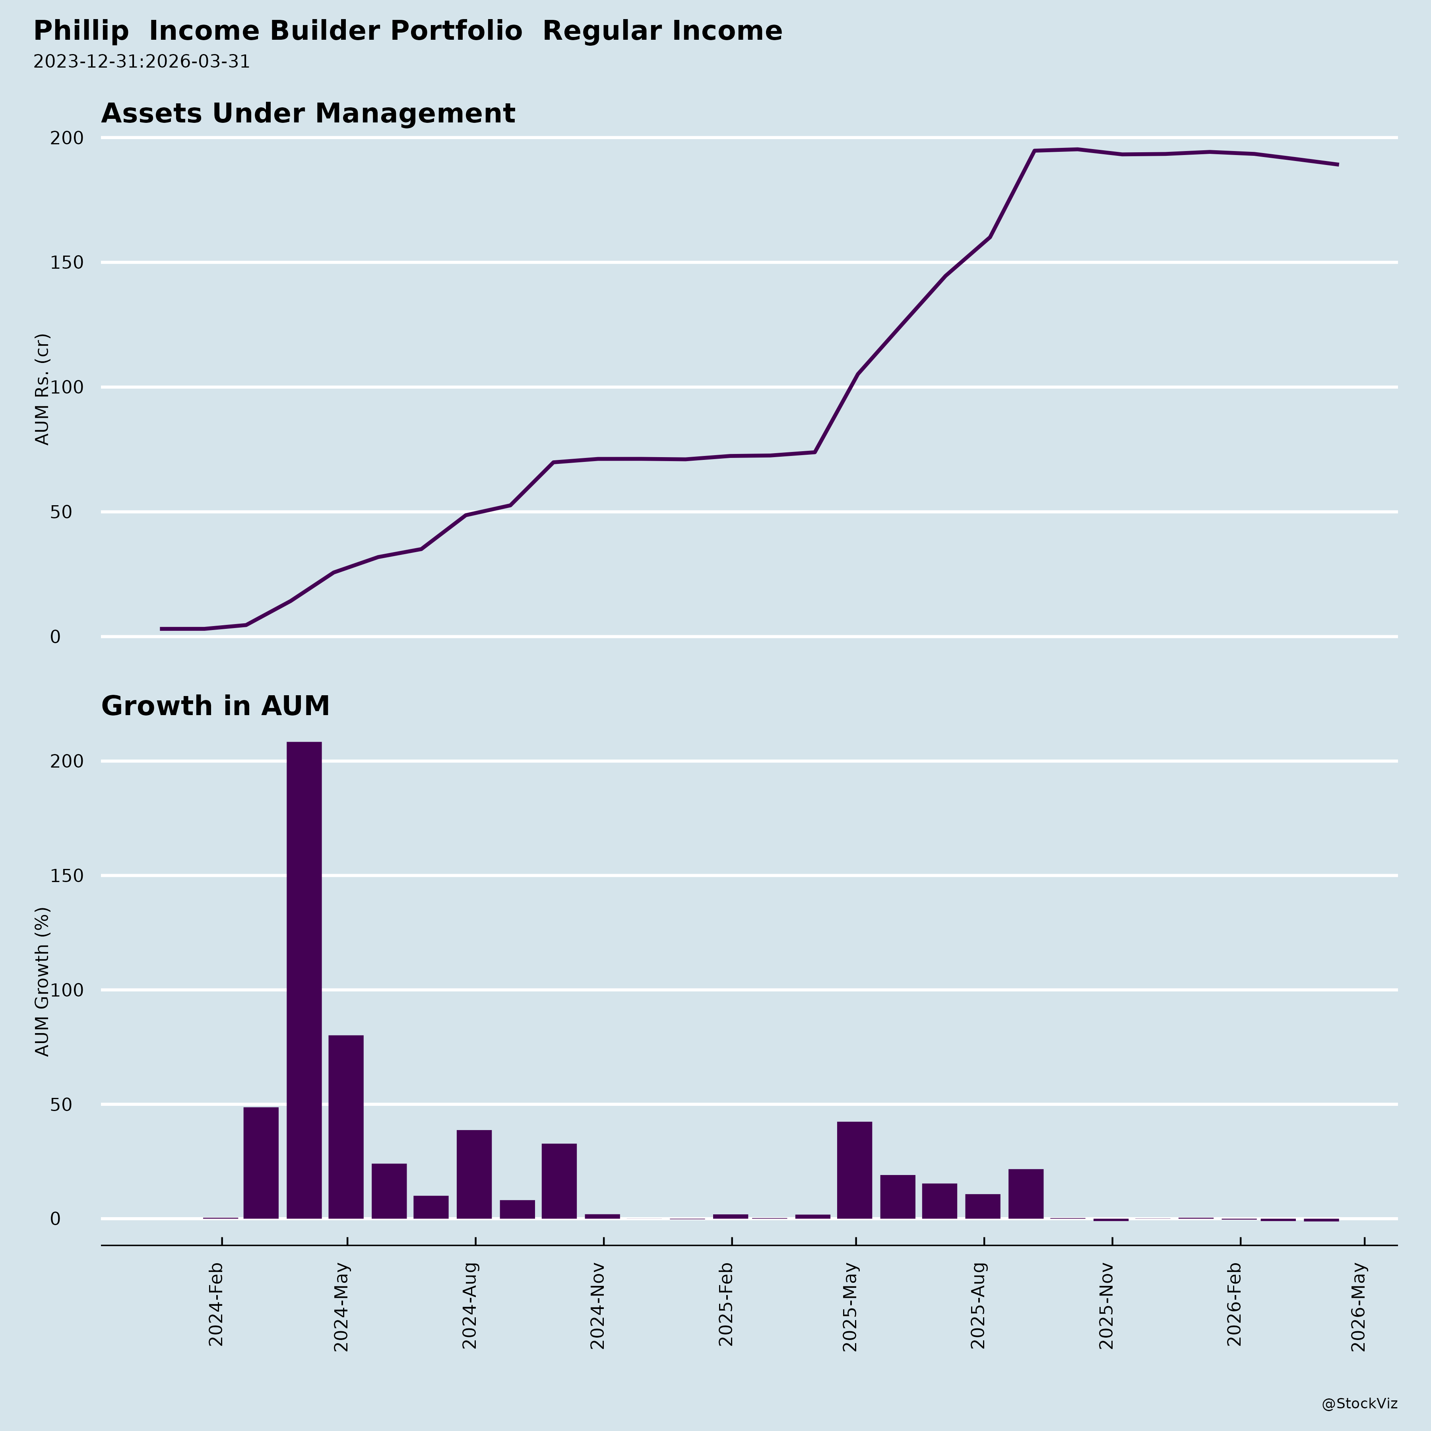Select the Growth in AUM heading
click(215, 706)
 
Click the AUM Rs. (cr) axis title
click(42, 389)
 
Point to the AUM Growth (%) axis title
click(42, 981)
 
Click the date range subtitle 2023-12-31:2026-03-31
click(142, 62)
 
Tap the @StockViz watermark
click(1359, 1404)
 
